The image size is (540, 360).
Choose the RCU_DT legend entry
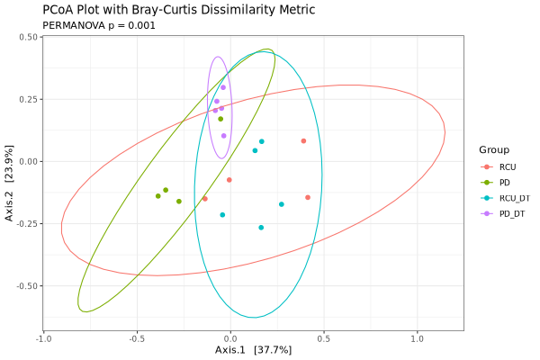pyautogui.click(x=514, y=198)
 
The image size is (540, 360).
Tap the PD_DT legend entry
pyautogui.click(x=511, y=213)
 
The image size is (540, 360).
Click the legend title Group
pyautogui.click(x=494, y=149)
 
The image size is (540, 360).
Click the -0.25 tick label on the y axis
pyautogui.click(x=25, y=224)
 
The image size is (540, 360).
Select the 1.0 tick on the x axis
pyautogui.click(x=417, y=338)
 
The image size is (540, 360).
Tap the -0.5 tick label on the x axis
pyautogui.click(x=136, y=338)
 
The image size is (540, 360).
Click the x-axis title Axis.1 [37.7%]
pyautogui.click(x=253, y=349)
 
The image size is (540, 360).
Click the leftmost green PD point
pyautogui.click(x=157, y=196)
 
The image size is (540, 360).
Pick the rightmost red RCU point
pyautogui.click(x=308, y=197)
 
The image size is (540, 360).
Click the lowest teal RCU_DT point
pyautogui.click(x=261, y=228)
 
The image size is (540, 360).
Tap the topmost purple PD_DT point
pyautogui.click(x=223, y=87)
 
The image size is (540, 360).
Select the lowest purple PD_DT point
pyautogui.click(x=223, y=136)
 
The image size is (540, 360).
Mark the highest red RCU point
pyautogui.click(x=303, y=140)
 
